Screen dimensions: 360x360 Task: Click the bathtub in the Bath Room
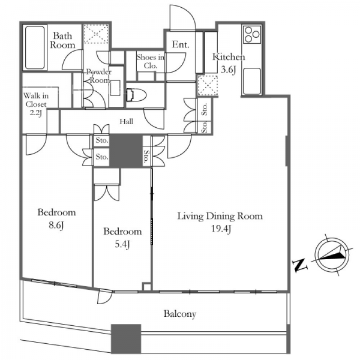(x=35, y=47)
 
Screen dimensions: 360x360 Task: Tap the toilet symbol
(x=136, y=95)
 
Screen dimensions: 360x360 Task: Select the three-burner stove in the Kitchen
(x=252, y=34)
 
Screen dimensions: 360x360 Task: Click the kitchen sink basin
(x=252, y=81)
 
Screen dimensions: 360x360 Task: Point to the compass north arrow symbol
(x=332, y=255)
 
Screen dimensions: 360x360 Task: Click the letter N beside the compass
(x=300, y=265)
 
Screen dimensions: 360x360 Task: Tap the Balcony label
(x=180, y=314)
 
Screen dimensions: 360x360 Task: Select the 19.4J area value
(x=221, y=229)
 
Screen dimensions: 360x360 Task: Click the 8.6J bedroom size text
(x=56, y=226)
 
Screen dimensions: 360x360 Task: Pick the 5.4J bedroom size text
(x=122, y=245)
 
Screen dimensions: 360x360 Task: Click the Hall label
(x=126, y=121)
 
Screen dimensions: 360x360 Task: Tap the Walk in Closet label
(x=36, y=100)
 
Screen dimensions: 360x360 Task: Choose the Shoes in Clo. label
(x=151, y=62)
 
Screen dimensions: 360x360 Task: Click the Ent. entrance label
(x=181, y=44)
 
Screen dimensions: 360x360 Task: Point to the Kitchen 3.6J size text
(x=228, y=70)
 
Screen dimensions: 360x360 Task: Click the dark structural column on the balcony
(x=126, y=338)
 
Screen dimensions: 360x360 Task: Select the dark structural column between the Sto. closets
(x=126, y=151)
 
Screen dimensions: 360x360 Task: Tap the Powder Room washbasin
(x=115, y=88)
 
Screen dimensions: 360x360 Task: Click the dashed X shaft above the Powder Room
(x=96, y=34)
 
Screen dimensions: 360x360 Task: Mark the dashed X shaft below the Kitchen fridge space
(x=208, y=85)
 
